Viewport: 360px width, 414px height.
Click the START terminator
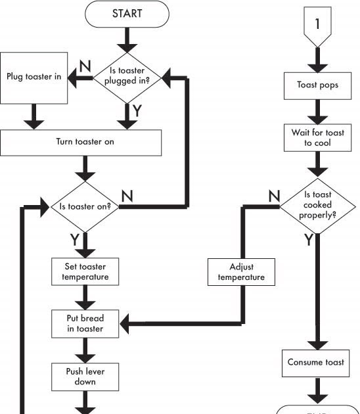point(127,14)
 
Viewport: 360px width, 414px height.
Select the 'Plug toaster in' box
point(35,78)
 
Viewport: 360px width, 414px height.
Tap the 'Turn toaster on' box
point(81,142)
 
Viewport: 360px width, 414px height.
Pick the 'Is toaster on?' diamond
point(85,206)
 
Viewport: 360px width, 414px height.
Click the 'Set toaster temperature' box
point(85,271)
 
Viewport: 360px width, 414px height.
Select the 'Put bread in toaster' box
point(85,323)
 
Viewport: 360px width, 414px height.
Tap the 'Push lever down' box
point(85,376)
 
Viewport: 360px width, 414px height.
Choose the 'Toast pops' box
point(318,85)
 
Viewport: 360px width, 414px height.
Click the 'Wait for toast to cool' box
point(318,137)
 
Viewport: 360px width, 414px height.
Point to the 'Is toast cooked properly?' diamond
point(318,205)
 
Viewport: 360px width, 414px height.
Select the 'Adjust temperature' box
point(241,272)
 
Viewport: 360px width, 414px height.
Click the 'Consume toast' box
point(318,362)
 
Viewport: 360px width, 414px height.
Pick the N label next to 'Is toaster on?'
point(127,196)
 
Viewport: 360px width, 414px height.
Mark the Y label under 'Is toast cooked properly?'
point(308,241)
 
